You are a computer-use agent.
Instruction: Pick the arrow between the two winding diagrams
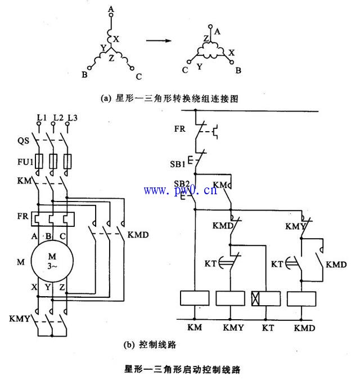coord(159,41)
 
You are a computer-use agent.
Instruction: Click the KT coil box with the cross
coord(265,298)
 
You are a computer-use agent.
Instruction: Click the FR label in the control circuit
coord(179,128)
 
